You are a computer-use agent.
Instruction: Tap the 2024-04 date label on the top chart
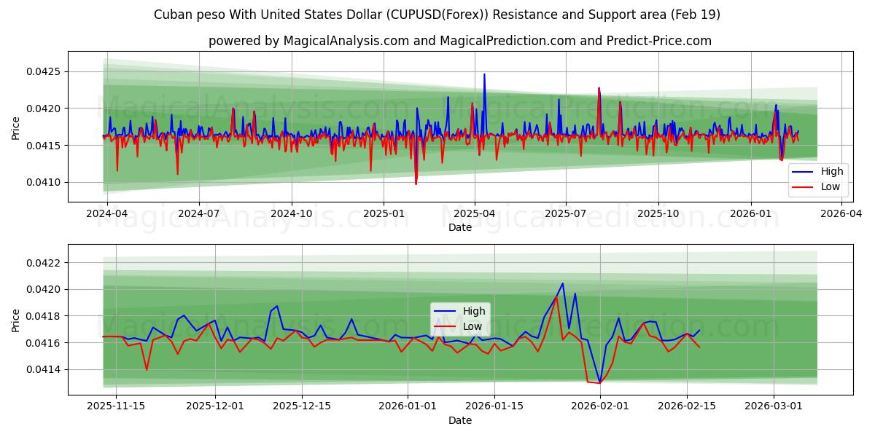[107, 214]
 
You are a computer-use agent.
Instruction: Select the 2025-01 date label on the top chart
[383, 214]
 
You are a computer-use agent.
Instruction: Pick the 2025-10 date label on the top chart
[658, 214]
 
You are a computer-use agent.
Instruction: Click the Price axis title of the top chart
[16, 127]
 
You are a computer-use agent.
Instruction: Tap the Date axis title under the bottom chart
[460, 420]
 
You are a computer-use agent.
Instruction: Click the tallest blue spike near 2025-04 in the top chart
[484, 74]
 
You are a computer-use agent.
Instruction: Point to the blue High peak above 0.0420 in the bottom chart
[562, 283]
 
